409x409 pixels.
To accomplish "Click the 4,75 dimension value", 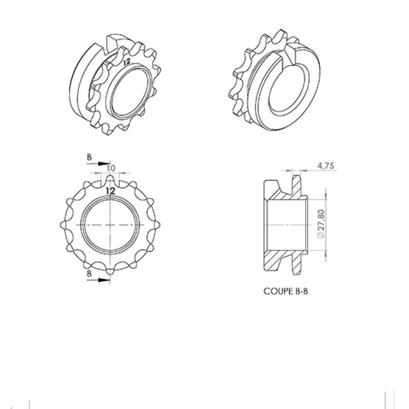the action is point(325,166).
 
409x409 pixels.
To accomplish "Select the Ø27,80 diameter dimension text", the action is point(322,224).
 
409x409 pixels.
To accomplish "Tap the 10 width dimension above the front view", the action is point(111,169).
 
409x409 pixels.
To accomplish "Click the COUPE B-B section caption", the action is point(285,291).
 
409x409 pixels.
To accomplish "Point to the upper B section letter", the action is point(89,157).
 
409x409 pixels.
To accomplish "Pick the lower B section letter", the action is point(89,274).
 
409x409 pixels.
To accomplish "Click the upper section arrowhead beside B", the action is point(104,164).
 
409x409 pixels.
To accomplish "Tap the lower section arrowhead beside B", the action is point(104,280).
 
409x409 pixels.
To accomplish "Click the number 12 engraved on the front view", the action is point(111,191).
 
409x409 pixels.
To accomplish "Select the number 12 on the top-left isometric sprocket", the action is point(127,62).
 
